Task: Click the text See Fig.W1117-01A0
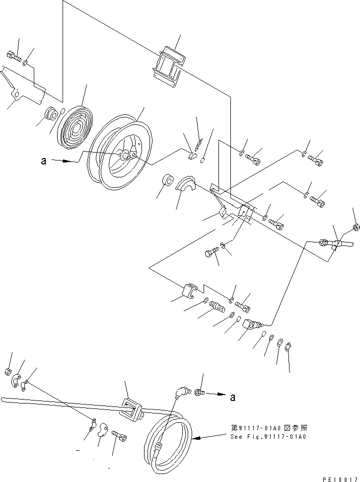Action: pyautogui.click(x=268, y=437)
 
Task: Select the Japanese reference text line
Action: pyautogui.click(x=268, y=427)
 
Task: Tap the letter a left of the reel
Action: pyautogui.click(x=44, y=161)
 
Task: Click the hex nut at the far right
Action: pyautogui.click(x=356, y=228)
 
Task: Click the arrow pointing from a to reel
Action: pyautogui.click(x=68, y=161)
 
